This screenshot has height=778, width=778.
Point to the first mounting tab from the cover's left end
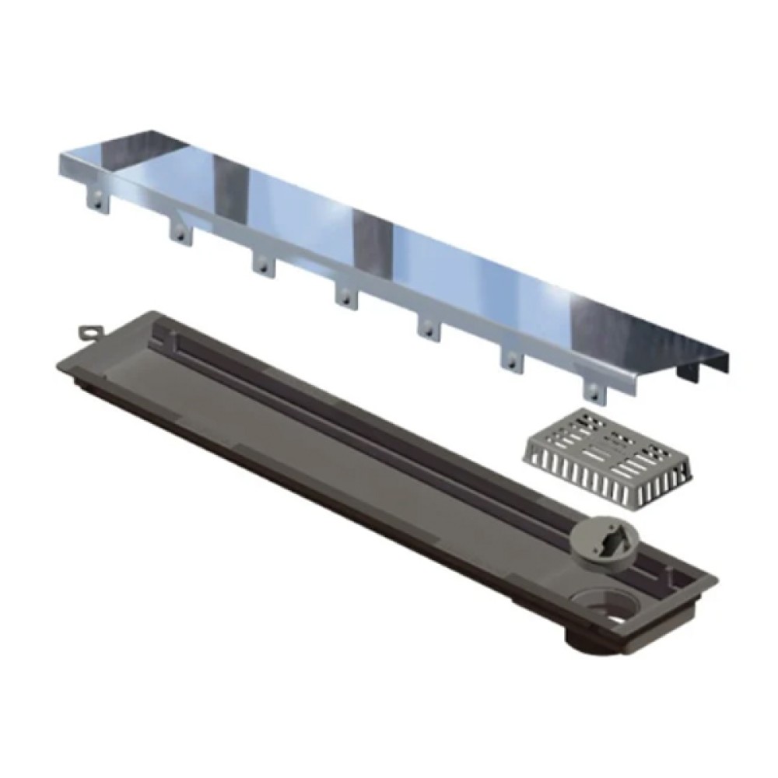coord(97,200)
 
